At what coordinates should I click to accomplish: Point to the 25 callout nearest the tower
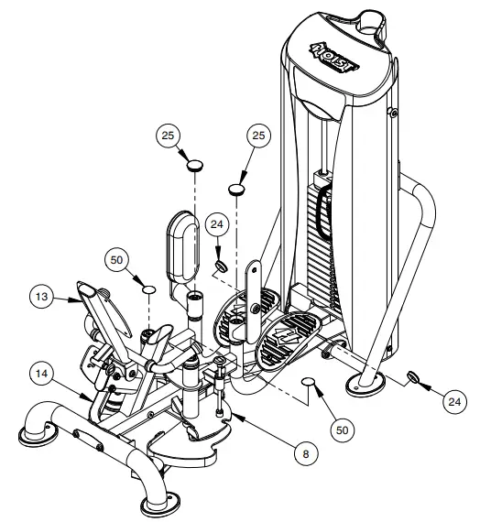[x=259, y=136]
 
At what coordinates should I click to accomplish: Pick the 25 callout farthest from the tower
[x=169, y=135]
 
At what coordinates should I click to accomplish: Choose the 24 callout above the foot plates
[x=217, y=223]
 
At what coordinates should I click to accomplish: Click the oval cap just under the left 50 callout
[x=148, y=290]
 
